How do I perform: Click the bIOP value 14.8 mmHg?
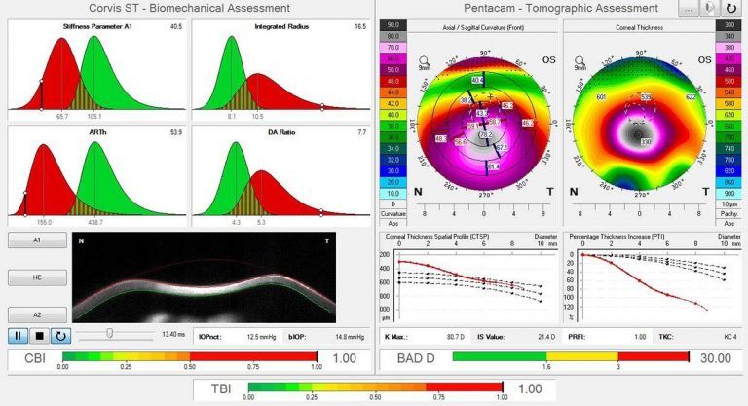tap(345, 337)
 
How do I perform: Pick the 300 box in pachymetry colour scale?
tap(725, 23)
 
